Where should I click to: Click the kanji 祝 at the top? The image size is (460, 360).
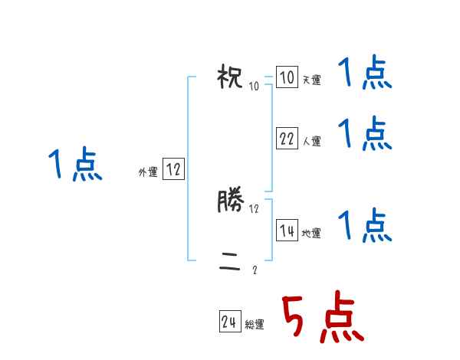pyautogui.click(x=231, y=78)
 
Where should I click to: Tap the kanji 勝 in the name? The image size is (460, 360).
pyautogui.click(x=231, y=202)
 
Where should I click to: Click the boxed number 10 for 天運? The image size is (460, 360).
pyautogui.click(x=287, y=78)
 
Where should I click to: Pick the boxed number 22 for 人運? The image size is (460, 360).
pyautogui.click(x=287, y=139)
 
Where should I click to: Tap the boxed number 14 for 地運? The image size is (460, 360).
pyautogui.click(x=287, y=231)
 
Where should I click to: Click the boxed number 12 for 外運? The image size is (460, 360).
pyautogui.click(x=173, y=170)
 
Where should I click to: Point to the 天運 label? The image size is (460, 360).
pyautogui.click(x=311, y=80)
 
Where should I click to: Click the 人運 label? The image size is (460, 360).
pyautogui.click(x=311, y=141)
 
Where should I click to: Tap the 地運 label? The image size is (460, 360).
pyautogui.click(x=311, y=233)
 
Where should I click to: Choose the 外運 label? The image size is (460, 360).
pyautogui.click(x=148, y=172)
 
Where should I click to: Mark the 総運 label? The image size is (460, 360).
pyautogui.click(x=255, y=325)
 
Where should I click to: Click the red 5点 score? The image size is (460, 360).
pyautogui.click(x=321, y=319)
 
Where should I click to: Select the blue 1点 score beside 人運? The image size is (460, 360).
pyautogui.click(x=365, y=133)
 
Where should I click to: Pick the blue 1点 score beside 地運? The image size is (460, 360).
pyautogui.click(x=365, y=226)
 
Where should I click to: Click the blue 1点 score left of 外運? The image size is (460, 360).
pyautogui.click(x=75, y=165)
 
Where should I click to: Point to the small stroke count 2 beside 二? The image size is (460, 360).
pyautogui.click(x=255, y=270)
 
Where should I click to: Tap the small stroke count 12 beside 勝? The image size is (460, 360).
pyautogui.click(x=255, y=208)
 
